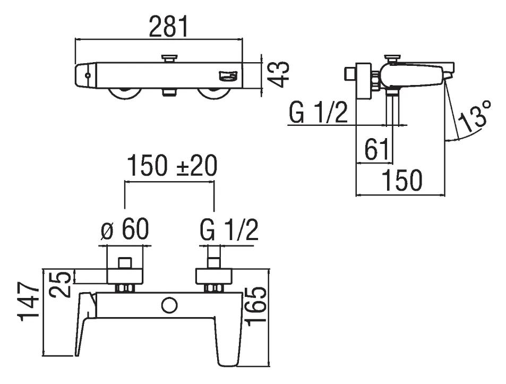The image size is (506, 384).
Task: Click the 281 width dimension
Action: click(168, 26)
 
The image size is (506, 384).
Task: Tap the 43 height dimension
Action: click(278, 74)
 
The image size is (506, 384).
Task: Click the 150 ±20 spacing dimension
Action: click(172, 166)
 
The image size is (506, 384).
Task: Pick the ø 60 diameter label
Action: click(125, 229)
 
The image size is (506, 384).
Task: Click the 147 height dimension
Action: click(30, 302)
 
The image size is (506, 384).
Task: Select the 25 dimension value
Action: click(60, 284)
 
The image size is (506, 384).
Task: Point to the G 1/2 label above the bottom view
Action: click(229, 229)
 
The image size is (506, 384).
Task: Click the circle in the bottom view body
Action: click(170, 305)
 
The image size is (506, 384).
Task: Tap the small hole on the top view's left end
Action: click(88, 76)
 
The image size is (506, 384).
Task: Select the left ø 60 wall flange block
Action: click(125, 276)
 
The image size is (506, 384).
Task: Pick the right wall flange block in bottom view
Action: click(213, 276)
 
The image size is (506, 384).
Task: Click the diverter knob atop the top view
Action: click(170, 58)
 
